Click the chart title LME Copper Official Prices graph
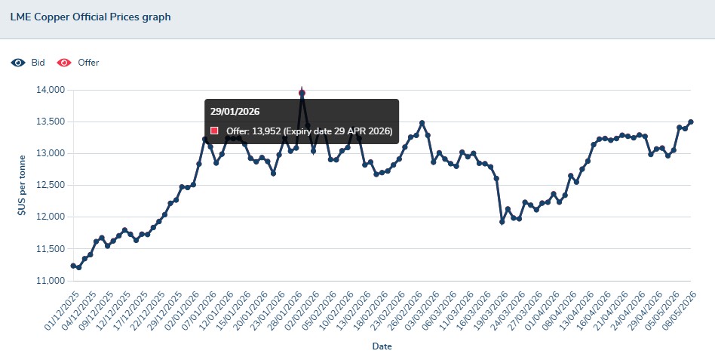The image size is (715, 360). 91,17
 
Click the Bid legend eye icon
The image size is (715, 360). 18,63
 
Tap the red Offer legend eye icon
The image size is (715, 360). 64,63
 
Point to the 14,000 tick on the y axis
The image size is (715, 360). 51,90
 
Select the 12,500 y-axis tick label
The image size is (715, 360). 51,185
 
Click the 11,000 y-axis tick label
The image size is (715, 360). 51,281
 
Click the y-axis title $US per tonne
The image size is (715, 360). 22,185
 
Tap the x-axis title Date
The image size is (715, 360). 382,346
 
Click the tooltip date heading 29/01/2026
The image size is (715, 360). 235,112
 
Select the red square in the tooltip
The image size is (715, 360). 214,131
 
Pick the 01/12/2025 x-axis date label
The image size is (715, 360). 62,311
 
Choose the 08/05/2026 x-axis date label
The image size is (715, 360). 679,311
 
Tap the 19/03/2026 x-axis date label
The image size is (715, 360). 490,311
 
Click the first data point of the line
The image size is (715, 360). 73,266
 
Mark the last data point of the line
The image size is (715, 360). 690,122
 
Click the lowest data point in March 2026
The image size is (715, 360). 502,222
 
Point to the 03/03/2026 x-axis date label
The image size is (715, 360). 422,311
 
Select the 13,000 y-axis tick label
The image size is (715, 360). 51,153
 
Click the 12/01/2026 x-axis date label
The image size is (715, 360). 216,311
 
